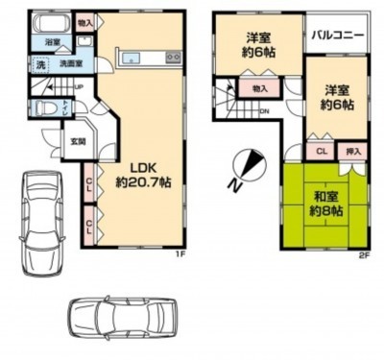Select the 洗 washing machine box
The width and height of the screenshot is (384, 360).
pyautogui.click(x=41, y=65)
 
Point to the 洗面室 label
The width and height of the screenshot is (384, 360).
pyautogui.click(x=72, y=65)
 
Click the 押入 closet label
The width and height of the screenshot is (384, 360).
pyautogui.click(x=353, y=151)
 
